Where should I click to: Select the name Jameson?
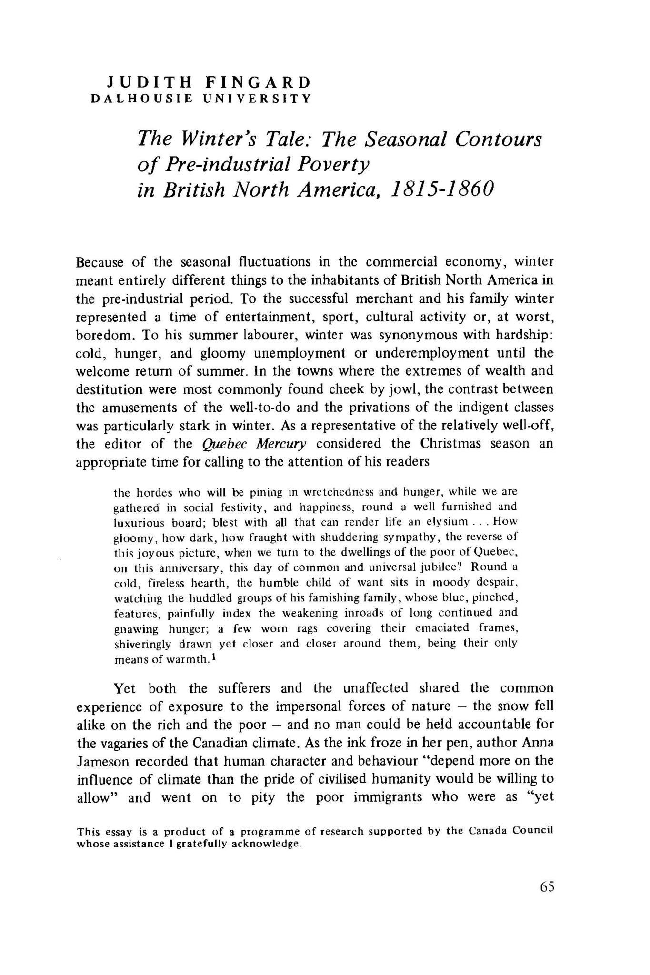pyautogui.click(x=103, y=761)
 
